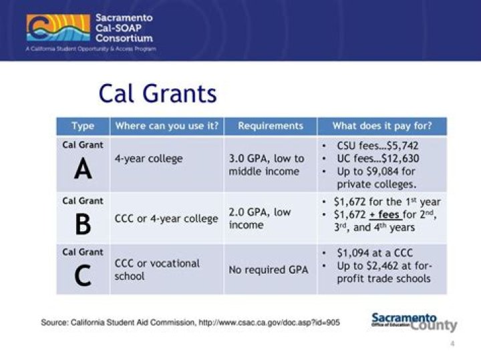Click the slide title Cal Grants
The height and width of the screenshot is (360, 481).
pyautogui.click(x=158, y=93)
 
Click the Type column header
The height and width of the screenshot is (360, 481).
pyautogui.click(x=83, y=126)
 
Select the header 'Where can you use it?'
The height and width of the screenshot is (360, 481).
pyautogui.click(x=166, y=126)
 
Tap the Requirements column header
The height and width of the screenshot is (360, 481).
pyautogui.click(x=270, y=126)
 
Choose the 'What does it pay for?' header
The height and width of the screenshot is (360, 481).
pyautogui.click(x=381, y=126)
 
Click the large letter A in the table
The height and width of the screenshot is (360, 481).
pyautogui.click(x=83, y=170)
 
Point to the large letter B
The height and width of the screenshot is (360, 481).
pyautogui.click(x=83, y=225)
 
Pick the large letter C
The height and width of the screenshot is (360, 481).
pyautogui.click(x=83, y=276)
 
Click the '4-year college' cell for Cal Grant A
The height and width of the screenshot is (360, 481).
pyautogui.click(x=148, y=159)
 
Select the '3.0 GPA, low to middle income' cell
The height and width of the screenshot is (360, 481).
pyautogui.click(x=266, y=165)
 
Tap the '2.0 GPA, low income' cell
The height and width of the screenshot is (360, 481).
pyautogui.click(x=260, y=218)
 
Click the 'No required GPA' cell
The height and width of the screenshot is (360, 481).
pyautogui.click(x=268, y=271)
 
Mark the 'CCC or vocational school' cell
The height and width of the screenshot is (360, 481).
pyautogui.click(x=157, y=269)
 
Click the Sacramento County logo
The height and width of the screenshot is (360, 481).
pyautogui.click(x=414, y=321)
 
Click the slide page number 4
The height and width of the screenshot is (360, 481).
pyautogui.click(x=453, y=343)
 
